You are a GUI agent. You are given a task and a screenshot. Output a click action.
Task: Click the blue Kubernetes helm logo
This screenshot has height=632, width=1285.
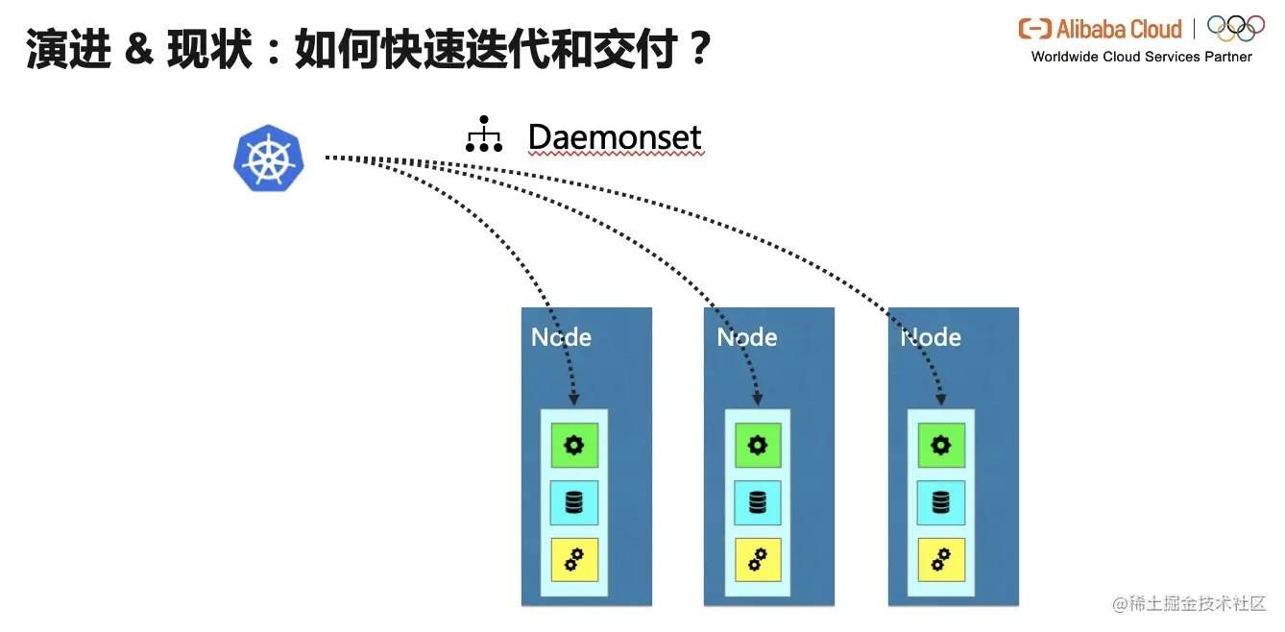click(269, 158)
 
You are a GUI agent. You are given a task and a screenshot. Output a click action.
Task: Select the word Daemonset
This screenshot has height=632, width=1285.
click(615, 137)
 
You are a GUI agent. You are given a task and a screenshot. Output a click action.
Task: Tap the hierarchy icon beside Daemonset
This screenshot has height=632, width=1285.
click(484, 135)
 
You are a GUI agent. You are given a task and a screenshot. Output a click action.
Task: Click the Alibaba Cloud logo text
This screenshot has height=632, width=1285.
click(1101, 29)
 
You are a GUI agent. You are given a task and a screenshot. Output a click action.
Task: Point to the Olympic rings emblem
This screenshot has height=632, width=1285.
click(1235, 28)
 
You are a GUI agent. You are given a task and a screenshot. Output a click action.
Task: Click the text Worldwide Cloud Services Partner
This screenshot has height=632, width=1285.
click(1141, 57)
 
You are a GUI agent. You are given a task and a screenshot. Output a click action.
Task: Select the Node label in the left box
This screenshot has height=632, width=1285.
click(562, 337)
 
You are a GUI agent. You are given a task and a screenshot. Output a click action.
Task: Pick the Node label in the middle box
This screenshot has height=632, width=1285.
click(746, 337)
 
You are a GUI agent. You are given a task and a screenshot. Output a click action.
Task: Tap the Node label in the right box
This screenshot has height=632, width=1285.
click(931, 337)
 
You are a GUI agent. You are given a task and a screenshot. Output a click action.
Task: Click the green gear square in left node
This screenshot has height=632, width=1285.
click(574, 445)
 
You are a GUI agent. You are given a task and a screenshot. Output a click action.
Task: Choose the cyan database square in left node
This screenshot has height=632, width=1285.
click(574, 502)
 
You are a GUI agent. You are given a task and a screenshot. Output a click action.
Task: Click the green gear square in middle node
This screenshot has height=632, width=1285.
click(758, 445)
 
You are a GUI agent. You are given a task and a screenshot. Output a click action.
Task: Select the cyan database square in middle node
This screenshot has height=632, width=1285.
click(758, 502)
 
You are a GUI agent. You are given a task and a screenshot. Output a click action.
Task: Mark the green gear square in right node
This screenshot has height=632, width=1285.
click(941, 445)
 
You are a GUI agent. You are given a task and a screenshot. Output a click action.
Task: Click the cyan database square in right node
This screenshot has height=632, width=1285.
click(941, 502)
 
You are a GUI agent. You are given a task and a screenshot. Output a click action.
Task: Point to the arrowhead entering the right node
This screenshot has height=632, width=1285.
click(942, 399)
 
